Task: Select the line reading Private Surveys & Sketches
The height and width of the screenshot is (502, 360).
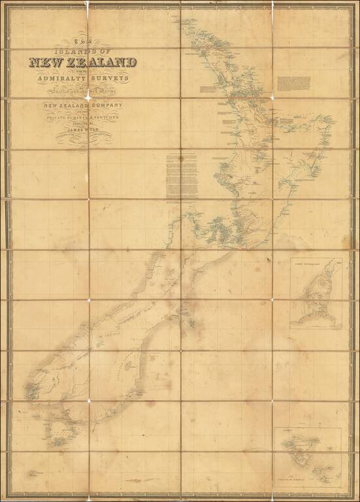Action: point(81,118)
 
